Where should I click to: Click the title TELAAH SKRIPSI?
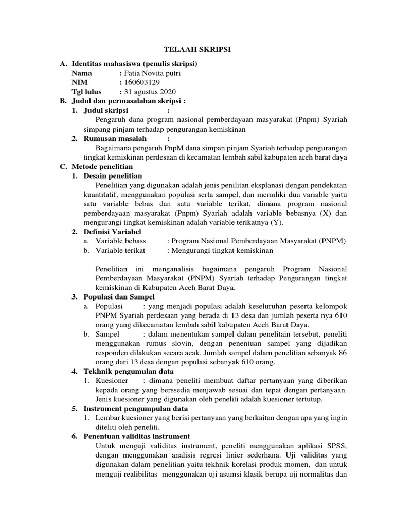tap(197, 50)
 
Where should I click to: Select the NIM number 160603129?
tap(141, 82)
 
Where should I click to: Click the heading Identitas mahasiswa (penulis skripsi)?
tap(135, 64)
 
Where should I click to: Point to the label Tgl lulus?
tap(87, 92)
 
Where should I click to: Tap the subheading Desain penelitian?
tap(113, 176)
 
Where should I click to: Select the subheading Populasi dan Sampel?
tap(119, 297)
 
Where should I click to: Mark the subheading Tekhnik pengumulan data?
tap(129, 371)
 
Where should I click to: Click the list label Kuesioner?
tap(112, 380)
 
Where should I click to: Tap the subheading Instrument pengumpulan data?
tap(136, 408)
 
